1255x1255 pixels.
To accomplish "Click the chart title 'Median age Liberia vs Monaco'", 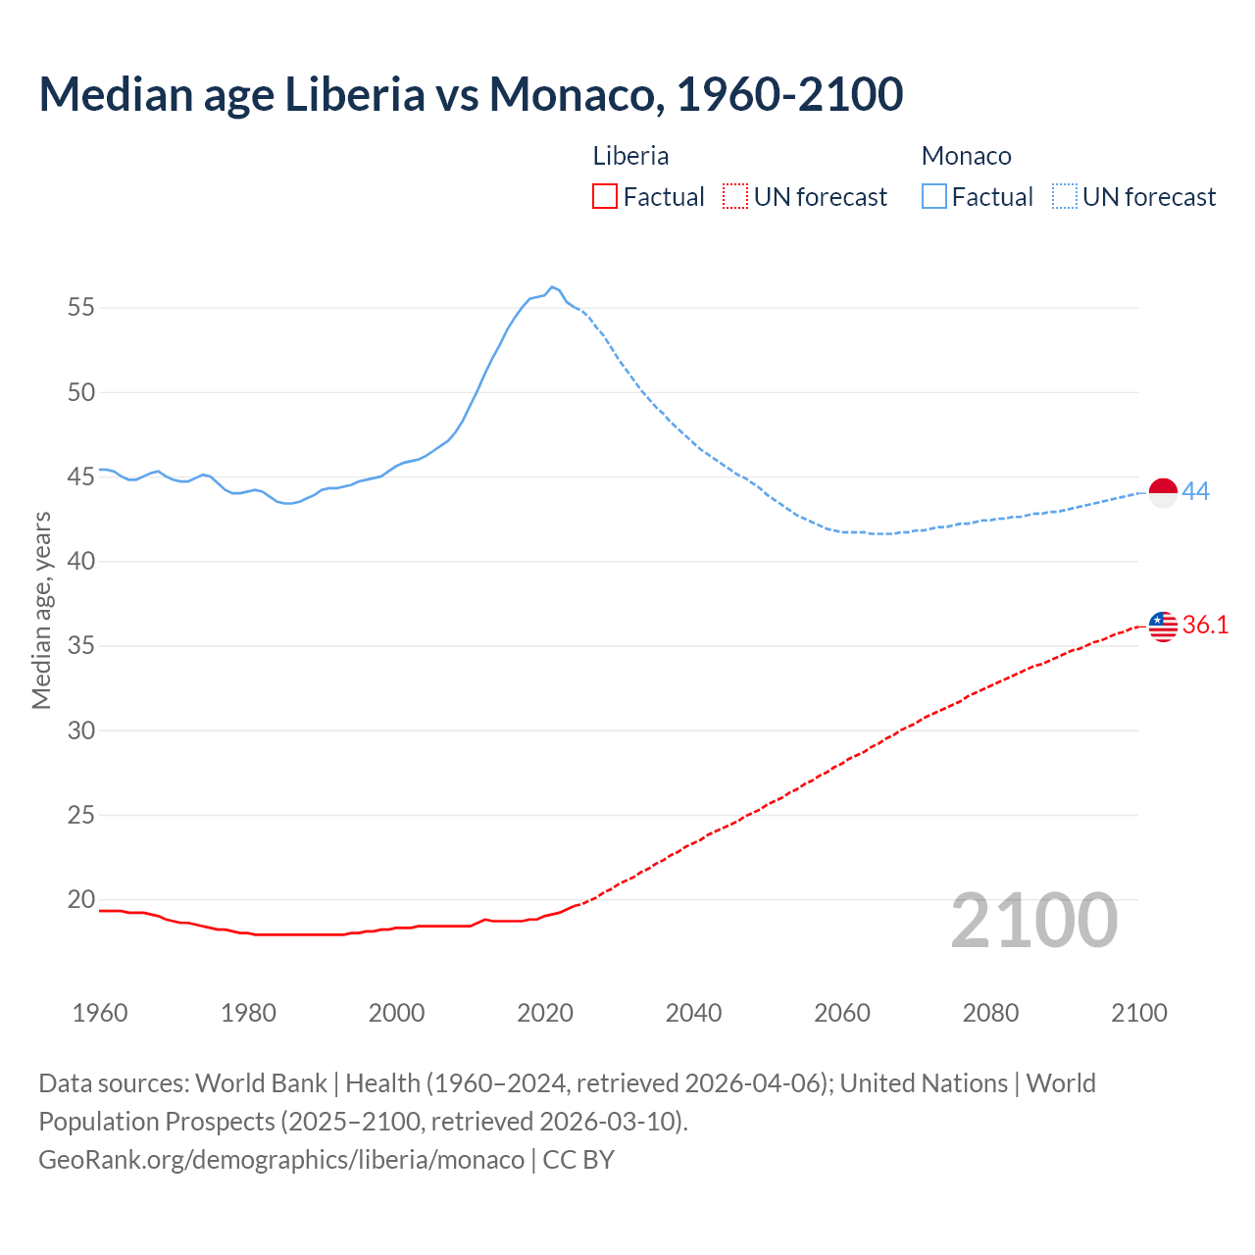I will [471, 95].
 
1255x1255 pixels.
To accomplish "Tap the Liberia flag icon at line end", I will [1163, 626].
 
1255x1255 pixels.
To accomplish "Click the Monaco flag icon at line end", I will [1163, 492].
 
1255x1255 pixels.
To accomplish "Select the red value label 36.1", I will [1205, 626].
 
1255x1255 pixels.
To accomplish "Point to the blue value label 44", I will [1195, 492].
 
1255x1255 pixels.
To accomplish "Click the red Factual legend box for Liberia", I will [605, 197].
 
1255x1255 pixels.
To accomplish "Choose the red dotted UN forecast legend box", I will [735, 197].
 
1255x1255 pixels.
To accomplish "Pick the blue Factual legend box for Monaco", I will [933, 197].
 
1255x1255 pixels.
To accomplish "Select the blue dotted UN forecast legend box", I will [1064, 197].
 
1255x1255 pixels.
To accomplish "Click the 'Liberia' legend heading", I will [630, 156].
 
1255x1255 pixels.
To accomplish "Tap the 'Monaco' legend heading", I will [966, 156].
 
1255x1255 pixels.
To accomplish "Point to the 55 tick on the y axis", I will [81, 308].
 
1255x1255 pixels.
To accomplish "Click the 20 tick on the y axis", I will [81, 900].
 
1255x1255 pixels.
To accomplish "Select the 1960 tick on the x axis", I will [100, 1013].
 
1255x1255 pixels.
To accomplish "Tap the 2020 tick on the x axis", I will [545, 1013].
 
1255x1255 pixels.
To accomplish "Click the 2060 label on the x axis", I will [842, 1013].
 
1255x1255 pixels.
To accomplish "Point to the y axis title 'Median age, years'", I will [41, 610].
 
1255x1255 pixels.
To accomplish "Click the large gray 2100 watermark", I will [1034, 921].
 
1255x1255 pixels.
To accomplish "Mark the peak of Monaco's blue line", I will [552, 286].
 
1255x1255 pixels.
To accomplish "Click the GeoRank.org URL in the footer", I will [281, 1160].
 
